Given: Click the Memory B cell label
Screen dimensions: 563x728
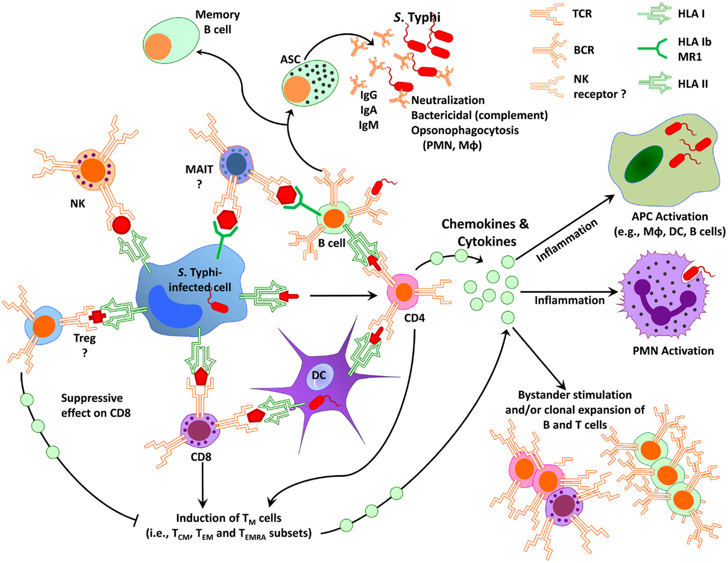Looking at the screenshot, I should coord(217,22).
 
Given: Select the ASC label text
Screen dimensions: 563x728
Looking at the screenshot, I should coord(290,59).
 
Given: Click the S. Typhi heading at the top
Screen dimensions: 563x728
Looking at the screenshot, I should coord(417,18).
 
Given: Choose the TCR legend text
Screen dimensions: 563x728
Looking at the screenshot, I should coord(582,14).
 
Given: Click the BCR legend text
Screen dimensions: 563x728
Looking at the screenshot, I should coord(584,50).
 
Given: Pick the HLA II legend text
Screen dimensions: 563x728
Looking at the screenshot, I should coord(693,84).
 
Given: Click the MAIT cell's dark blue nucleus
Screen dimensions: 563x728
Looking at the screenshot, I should coord(236,163).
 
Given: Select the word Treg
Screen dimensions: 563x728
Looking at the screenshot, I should coord(85,338).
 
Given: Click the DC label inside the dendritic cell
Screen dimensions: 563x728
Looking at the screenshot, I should coord(319,375).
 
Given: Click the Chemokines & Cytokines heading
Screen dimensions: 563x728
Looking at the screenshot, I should coord(485,232).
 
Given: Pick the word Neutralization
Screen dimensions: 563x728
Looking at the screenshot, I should coord(448,100).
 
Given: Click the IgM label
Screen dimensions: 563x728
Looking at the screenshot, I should coord(368,125).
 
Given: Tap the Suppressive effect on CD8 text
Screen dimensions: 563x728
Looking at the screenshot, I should coord(95,405).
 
